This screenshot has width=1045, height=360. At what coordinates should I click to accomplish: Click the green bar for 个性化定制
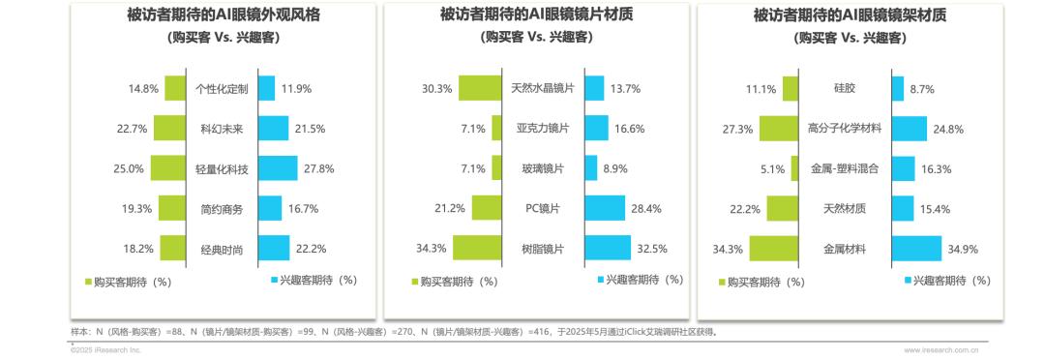(x=175, y=88)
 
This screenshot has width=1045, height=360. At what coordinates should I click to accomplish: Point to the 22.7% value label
(x=132, y=129)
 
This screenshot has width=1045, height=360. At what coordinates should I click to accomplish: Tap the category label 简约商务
(x=222, y=209)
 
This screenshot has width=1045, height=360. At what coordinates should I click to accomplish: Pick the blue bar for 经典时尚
(x=274, y=249)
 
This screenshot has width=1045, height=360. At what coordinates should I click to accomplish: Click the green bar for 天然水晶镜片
(x=480, y=88)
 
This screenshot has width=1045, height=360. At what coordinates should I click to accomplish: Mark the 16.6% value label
(x=628, y=129)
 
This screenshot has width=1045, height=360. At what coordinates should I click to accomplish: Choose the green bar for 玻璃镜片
(x=497, y=168)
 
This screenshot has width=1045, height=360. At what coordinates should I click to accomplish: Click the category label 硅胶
(x=845, y=88)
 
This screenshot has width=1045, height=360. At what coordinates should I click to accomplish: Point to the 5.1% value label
(x=772, y=169)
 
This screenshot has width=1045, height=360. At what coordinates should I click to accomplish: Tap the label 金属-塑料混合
(x=845, y=168)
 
